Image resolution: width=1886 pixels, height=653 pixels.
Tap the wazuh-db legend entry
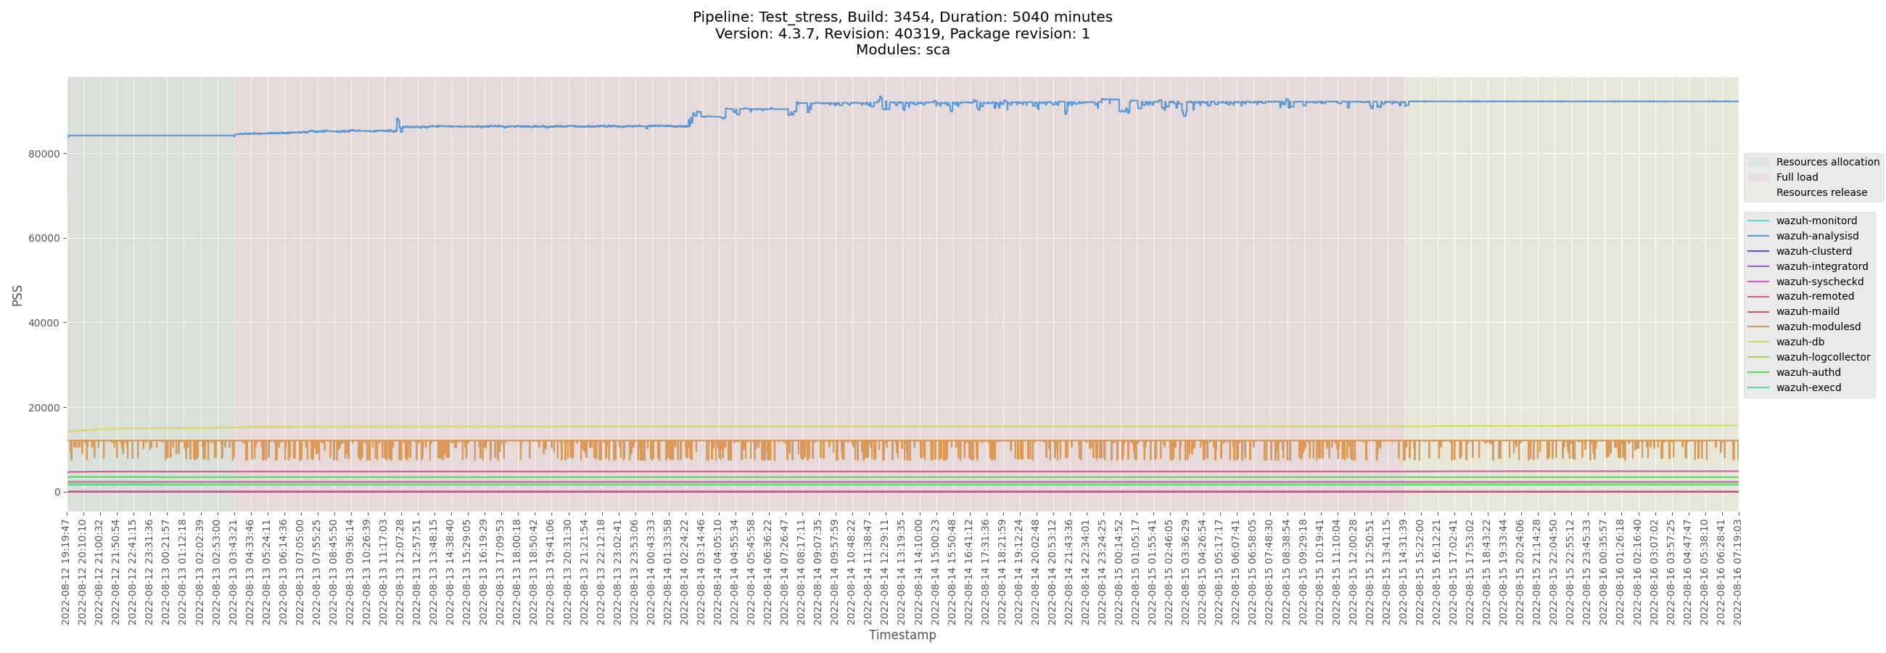pyautogui.click(x=1800, y=342)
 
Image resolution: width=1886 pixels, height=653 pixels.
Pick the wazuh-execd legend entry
pyautogui.click(x=1808, y=387)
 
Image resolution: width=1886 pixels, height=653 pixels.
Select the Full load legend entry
pyautogui.click(x=1796, y=177)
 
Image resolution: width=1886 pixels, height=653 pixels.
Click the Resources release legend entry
pyautogui.click(x=1821, y=192)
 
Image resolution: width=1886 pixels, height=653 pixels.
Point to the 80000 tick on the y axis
pyautogui.click(x=44, y=154)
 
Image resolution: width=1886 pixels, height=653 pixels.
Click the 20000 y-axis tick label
pyautogui.click(x=44, y=408)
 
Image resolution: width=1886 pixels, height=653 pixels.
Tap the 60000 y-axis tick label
pyautogui.click(x=44, y=238)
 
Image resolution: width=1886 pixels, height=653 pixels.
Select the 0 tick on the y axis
pyautogui.click(x=57, y=492)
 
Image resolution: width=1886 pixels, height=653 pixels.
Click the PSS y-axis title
pyautogui.click(x=17, y=295)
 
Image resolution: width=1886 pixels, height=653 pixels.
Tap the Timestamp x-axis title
pyautogui.click(x=902, y=635)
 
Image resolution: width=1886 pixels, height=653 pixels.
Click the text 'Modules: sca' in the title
pyautogui.click(x=902, y=50)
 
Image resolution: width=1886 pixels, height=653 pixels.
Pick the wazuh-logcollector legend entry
pyautogui.click(x=1822, y=357)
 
